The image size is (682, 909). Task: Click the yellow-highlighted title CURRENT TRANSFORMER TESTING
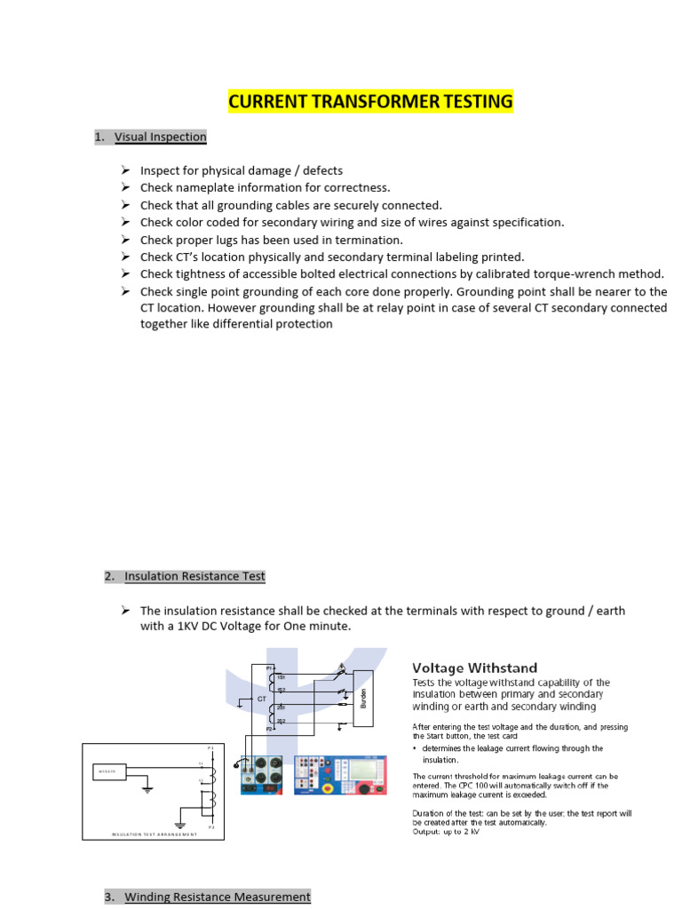pos(370,102)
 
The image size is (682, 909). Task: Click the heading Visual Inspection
pos(160,137)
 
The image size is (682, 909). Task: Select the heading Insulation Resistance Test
pos(194,576)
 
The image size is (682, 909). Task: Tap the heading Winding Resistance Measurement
pos(218,897)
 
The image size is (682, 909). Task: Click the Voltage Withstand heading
pos(474,667)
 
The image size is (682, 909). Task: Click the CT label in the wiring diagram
pos(262,700)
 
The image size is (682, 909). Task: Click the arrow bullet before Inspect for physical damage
pos(124,170)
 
